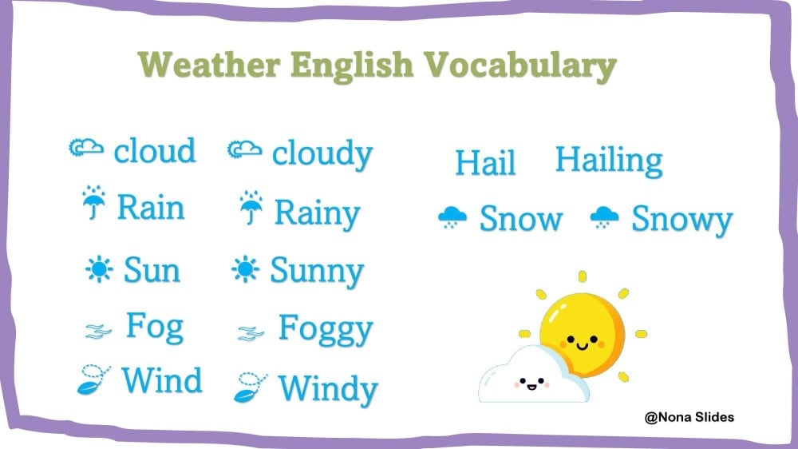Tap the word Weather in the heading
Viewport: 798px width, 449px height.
point(209,64)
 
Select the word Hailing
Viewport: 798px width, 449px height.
point(609,161)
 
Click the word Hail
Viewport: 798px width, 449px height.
point(485,162)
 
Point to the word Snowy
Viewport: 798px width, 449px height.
point(682,220)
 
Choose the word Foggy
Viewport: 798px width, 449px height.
point(326,330)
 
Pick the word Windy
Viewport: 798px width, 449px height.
point(328,390)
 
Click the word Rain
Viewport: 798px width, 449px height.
point(151,208)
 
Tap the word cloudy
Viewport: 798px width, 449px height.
point(322,154)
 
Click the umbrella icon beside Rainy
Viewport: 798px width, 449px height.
point(251,208)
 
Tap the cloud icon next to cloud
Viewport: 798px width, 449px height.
point(86,147)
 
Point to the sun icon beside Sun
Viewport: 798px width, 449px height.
point(99,268)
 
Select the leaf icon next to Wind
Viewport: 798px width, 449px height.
point(93,379)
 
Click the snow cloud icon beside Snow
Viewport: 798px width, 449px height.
point(452,217)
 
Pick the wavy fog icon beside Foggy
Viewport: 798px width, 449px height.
point(251,333)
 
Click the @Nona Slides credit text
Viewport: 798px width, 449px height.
point(689,417)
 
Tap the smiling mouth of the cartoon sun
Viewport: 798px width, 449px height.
point(583,347)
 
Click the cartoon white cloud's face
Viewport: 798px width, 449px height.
point(531,383)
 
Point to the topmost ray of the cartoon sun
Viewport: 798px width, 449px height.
point(583,276)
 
